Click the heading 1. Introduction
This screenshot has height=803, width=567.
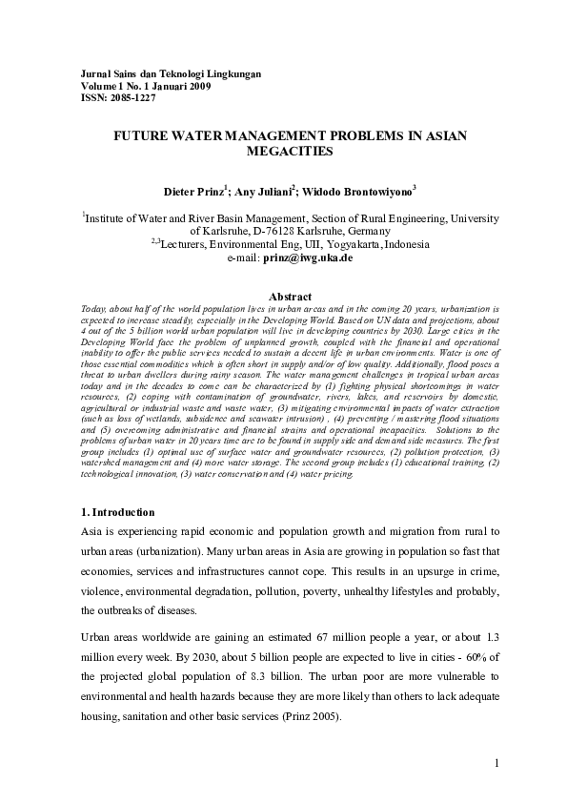point(114,513)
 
